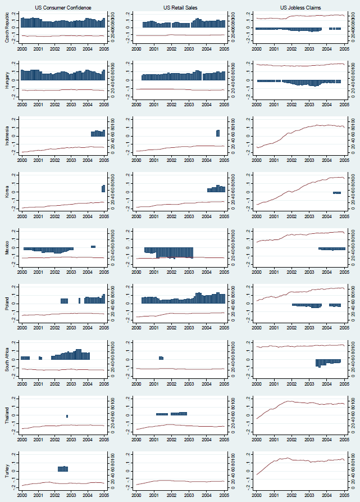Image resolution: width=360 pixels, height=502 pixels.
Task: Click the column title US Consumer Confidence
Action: (63, 7)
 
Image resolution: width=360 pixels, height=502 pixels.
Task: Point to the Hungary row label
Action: (7, 82)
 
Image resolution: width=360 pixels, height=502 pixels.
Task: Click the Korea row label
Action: (7, 192)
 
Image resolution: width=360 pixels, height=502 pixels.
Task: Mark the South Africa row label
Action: (7, 357)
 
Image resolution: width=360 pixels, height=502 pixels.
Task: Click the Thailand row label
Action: (7, 412)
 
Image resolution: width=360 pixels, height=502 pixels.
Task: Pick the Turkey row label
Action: (7, 467)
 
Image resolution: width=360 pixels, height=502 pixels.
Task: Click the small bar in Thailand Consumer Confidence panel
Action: (67, 416)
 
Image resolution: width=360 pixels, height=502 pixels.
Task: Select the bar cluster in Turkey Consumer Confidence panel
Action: (63, 468)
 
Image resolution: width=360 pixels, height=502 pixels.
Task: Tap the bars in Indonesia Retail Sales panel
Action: (217, 133)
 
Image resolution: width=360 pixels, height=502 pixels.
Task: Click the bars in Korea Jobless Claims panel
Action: (337, 193)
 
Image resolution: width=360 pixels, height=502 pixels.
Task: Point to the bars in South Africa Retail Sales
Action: (161, 358)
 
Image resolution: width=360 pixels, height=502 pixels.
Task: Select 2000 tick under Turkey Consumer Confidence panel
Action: (22, 496)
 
